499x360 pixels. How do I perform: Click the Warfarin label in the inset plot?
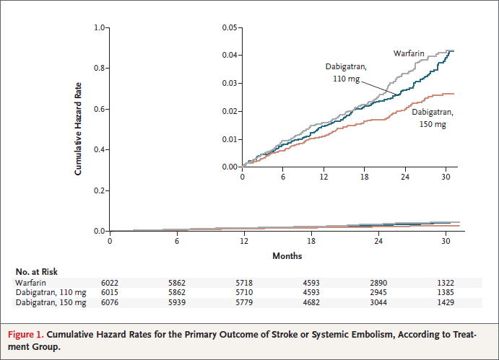[x=408, y=53]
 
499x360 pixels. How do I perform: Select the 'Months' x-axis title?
[x=287, y=256]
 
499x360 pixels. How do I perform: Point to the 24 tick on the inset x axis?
[x=405, y=177]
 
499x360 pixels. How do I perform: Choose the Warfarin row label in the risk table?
[x=32, y=282]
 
